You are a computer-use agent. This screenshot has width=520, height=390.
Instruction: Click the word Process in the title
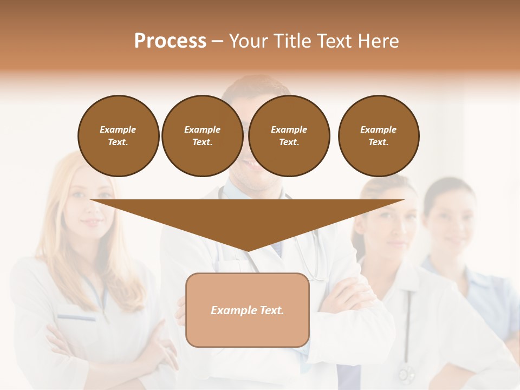point(170,41)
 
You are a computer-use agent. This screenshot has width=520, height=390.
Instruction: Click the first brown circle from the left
point(119,136)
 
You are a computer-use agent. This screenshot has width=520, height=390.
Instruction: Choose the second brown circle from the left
point(203,136)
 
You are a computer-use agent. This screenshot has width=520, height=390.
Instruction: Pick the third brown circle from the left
point(289,136)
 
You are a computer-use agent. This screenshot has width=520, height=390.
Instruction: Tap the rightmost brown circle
point(379,136)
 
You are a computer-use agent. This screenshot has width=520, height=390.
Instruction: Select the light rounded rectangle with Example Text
point(248,310)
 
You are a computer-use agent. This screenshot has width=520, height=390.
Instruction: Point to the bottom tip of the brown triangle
point(248,250)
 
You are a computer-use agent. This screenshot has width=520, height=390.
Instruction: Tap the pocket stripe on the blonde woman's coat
point(76,317)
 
